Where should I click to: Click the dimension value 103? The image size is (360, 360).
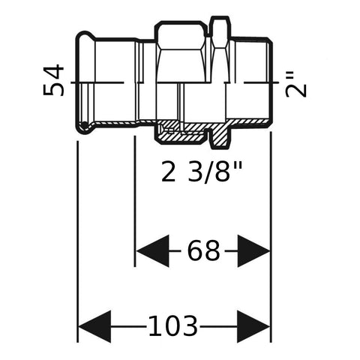pos(173,326)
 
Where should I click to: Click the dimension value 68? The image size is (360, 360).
pos(204,250)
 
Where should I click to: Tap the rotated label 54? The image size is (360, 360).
pos(53,80)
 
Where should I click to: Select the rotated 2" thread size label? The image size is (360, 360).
pos(296,85)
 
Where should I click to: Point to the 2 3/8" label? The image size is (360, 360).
pos(202,172)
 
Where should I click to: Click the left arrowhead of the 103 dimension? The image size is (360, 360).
pos(94,326)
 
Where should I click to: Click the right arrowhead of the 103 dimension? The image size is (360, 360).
pos(253,326)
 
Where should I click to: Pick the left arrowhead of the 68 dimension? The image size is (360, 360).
pos(152,250)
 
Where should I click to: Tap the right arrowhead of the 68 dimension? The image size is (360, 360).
pos(253,250)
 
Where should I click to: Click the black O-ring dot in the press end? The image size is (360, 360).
pos(85,124)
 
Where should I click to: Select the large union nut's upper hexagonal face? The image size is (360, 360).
pos(181,36)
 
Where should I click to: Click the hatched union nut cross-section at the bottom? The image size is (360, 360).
pos(180,133)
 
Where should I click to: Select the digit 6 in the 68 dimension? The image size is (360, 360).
pos(196,250)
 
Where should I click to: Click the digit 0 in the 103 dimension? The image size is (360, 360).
pos(173,326)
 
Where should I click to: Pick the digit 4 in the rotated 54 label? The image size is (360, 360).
pos(53,72)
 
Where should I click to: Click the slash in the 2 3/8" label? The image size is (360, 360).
pos(208,172)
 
